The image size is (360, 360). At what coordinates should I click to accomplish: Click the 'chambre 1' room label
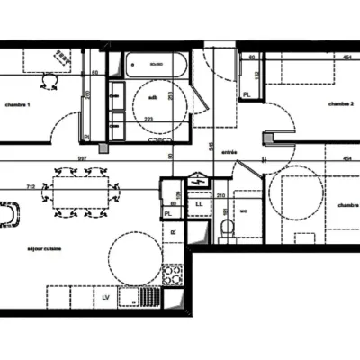click(16, 105)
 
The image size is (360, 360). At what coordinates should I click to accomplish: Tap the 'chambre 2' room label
click(337, 103)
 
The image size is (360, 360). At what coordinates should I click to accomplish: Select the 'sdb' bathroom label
click(154, 97)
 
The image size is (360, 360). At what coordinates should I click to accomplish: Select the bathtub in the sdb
click(156, 65)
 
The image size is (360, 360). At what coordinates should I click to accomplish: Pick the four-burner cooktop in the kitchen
click(173, 274)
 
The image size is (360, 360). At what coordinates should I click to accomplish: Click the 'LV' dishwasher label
click(106, 296)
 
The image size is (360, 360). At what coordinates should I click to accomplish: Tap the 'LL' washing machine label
click(200, 204)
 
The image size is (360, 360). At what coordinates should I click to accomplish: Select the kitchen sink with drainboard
click(143, 295)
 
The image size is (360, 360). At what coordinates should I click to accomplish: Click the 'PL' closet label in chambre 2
click(247, 94)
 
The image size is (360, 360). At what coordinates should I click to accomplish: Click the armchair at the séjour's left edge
click(11, 216)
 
